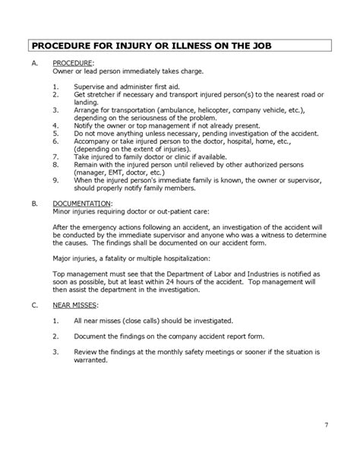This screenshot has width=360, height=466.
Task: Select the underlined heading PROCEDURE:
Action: (72, 62)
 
